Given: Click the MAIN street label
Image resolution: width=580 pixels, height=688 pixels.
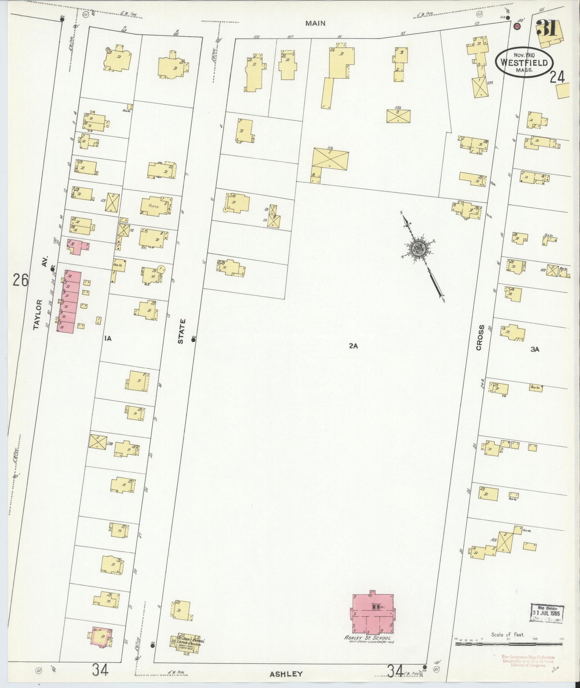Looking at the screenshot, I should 315,23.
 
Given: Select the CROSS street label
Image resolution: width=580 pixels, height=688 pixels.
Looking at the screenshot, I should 480,338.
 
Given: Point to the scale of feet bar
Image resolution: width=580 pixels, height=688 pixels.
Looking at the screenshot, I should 509,643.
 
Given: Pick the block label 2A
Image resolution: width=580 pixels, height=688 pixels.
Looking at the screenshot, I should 353,345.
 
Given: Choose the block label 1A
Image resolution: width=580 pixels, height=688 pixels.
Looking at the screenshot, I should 107,338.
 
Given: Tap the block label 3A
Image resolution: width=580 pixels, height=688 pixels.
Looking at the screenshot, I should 535,349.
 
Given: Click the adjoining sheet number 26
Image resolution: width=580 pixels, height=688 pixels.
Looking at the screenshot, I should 20,280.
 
